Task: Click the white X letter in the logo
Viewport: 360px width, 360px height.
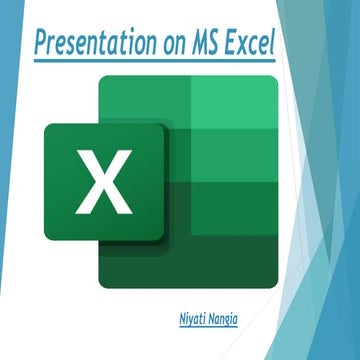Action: click(97, 183)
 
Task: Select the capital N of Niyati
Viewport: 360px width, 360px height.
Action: click(174, 318)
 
